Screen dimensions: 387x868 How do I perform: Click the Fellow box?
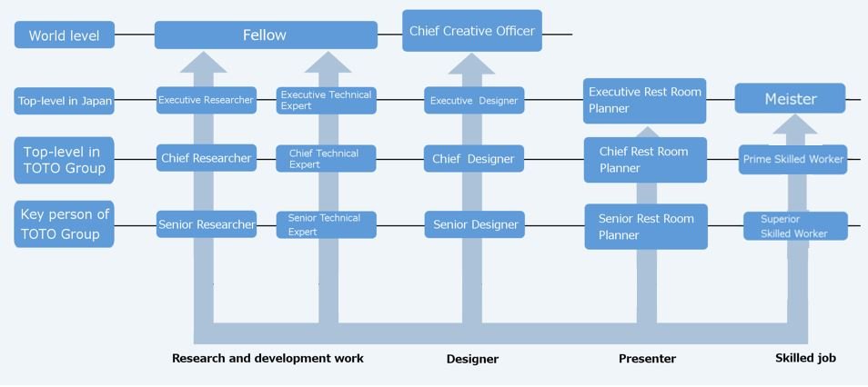[x=266, y=35]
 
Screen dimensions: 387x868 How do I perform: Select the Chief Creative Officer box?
[x=472, y=31]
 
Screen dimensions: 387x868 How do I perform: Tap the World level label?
[x=65, y=36]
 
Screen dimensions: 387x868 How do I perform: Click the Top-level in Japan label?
[x=65, y=101]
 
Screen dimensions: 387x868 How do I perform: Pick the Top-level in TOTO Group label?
[x=65, y=160]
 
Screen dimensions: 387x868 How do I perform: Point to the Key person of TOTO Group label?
[x=65, y=224]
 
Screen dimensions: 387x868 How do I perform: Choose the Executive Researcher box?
[x=206, y=100]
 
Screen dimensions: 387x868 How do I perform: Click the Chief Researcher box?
[x=206, y=159]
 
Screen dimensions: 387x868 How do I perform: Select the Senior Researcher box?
[x=206, y=224]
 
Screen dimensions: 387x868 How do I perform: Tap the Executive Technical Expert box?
[x=326, y=100]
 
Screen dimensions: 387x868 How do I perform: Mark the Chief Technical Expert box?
[x=326, y=159]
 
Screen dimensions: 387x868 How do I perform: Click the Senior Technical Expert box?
[x=326, y=224]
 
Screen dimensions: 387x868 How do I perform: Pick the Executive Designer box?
[x=474, y=101]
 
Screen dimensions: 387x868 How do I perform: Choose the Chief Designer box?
[x=474, y=159]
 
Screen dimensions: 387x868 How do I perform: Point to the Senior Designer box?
[x=474, y=224]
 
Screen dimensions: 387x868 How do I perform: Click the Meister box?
[x=790, y=99]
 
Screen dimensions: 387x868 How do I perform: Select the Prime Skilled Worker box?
[x=792, y=160]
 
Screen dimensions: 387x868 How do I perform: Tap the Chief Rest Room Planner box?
[x=645, y=160]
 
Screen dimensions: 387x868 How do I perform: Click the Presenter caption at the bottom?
[x=647, y=359]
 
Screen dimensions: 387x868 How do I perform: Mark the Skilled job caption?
[x=805, y=358]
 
